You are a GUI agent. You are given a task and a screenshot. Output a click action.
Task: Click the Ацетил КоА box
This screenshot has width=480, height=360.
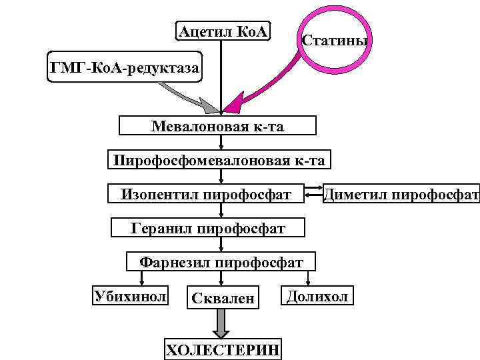click(223, 31)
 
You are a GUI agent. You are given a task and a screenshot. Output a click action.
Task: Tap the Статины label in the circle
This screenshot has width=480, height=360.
click(335, 40)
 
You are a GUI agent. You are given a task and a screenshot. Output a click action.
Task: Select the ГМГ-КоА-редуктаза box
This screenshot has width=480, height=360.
click(124, 67)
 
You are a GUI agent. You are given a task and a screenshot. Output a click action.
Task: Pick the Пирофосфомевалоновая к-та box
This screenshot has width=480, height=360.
click(219, 161)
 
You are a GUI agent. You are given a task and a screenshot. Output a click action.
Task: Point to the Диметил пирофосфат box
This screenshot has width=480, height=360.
click(401, 195)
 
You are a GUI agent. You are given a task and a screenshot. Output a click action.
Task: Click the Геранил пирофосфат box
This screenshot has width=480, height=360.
click(208, 229)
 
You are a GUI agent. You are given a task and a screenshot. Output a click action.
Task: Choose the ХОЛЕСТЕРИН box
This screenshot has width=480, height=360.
click(223, 349)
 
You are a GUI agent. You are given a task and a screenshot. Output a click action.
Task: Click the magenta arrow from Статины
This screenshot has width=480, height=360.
click(267, 91)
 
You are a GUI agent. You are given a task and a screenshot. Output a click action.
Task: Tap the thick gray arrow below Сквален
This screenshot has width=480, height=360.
click(220, 325)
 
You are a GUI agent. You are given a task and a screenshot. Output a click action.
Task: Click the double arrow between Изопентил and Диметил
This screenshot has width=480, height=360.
click(312, 195)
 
